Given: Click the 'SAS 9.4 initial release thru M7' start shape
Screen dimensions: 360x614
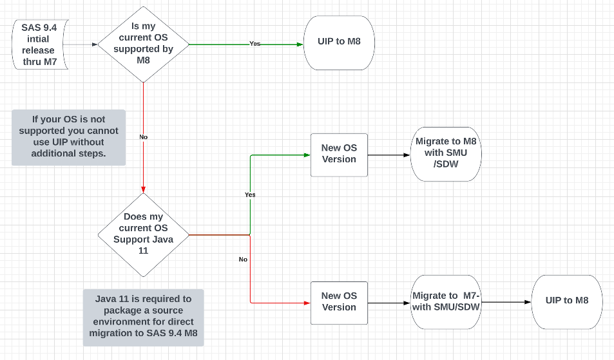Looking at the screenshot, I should (x=39, y=44).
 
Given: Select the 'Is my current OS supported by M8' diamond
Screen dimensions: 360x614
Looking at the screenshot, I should (x=143, y=44).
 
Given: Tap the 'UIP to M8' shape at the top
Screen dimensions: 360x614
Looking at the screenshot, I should (x=339, y=43).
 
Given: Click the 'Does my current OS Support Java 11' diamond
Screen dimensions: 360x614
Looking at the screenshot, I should (x=143, y=234).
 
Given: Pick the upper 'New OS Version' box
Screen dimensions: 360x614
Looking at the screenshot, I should (x=339, y=155).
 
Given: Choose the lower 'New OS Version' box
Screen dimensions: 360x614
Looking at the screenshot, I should (x=339, y=302).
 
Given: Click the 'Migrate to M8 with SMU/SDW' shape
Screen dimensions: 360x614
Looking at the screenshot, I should (x=446, y=154).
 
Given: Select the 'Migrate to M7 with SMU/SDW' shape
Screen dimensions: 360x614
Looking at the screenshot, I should (x=446, y=301).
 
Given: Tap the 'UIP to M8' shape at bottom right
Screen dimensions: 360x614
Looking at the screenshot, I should (x=566, y=301).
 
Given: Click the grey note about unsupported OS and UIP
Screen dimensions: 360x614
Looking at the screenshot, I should (x=68, y=137).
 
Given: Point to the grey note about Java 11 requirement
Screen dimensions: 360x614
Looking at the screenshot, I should (x=143, y=317).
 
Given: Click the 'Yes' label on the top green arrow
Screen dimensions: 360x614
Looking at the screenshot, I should (x=255, y=44).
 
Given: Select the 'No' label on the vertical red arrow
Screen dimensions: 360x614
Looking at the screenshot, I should (x=143, y=137).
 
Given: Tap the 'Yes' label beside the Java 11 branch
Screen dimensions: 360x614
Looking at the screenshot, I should (x=250, y=194).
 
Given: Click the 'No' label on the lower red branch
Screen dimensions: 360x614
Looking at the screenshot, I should (x=243, y=260).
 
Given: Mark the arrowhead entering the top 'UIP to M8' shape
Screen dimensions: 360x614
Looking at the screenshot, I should (x=300, y=44).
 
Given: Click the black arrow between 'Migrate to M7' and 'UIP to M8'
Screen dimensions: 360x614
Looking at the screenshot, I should (x=506, y=302).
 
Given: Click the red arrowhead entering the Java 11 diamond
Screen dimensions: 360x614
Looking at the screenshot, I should (x=143, y=189).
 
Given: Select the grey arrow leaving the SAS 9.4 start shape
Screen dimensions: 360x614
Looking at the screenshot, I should (x=82, y=44).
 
